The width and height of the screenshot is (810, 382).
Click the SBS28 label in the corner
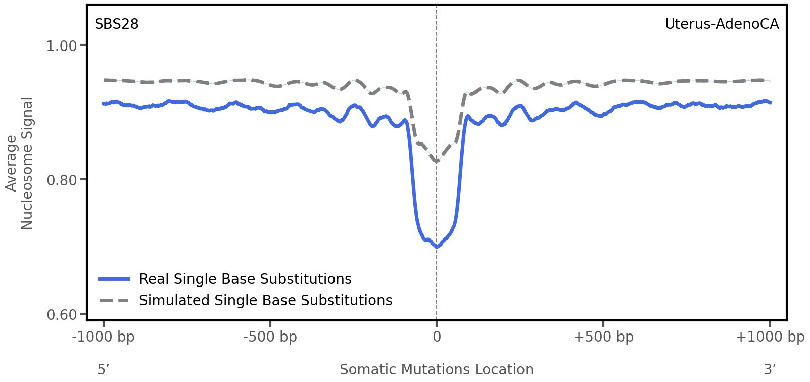[117, 24]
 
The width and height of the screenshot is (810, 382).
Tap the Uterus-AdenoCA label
[722, 24]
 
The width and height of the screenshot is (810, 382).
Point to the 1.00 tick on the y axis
[61, 46]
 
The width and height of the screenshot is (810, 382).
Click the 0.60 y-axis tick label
[61, 315]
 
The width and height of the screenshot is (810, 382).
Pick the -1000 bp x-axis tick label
[104, 337]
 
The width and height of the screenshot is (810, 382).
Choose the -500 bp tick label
[270, 337]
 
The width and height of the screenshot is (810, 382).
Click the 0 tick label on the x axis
[437, 337]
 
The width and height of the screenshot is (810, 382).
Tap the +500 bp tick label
[603, 337]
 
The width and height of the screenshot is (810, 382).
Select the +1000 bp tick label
[770, 337]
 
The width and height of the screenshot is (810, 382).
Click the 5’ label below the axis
[104, 370]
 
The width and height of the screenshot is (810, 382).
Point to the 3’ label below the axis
[770, 370]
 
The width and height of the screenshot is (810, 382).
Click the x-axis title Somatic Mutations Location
[437, 370]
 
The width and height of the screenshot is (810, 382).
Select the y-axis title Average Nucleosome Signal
[19, 163]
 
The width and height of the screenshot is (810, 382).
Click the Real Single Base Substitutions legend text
[245, 279]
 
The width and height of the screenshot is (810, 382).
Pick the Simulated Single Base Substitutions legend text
[265, 301]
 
